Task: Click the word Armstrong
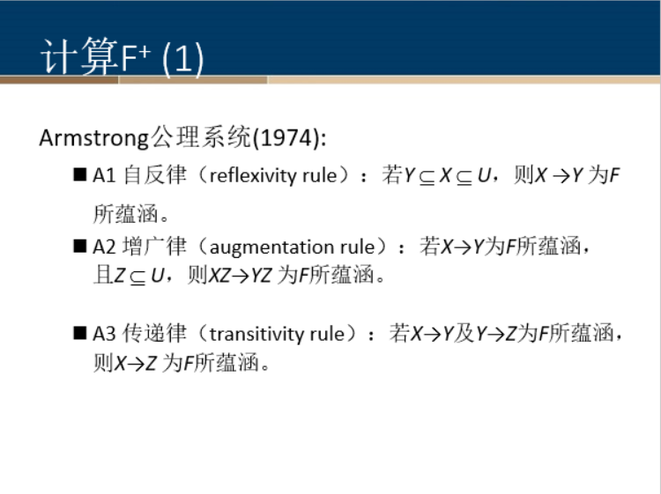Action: [94, 138]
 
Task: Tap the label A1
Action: [105, 175]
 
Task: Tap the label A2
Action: [105, 247]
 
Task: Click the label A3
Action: [105, 334]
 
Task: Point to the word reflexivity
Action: [252, 175]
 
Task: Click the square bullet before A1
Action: [80, 175]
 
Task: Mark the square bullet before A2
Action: [80, 247]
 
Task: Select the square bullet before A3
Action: [80, 334]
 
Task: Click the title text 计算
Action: [78, 58]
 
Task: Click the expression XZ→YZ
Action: [240, 276]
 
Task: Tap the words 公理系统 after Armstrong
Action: [201, 138]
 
